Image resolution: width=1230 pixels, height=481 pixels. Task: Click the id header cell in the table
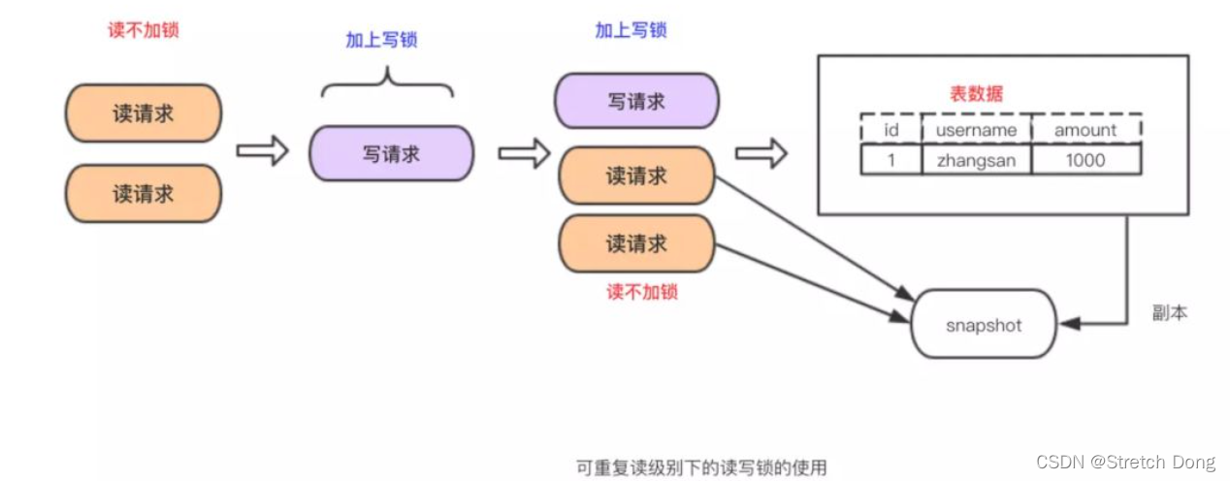[x=890, y=130]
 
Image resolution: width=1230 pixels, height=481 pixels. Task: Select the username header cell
[x=976, y=130]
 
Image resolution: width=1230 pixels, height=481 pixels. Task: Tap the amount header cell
[x=1085, y=130]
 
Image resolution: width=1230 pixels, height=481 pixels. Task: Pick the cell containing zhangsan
[x=976, y=160]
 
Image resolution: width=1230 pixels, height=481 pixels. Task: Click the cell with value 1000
[x=1085, y=160]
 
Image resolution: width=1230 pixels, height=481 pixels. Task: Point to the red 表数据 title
[x=975, y=94]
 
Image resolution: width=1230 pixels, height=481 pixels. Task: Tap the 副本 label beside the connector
[x=1169, y=313]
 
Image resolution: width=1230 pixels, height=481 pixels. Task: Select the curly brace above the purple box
[x=387, y=83]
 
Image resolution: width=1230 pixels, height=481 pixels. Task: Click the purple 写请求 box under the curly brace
[x=391, y=154]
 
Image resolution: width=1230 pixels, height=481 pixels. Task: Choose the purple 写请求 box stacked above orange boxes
[x=636, y=101]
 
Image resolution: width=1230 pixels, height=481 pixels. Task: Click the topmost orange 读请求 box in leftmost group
[x=144, y=112]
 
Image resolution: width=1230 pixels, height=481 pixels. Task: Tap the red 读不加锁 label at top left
[x=143, y=30]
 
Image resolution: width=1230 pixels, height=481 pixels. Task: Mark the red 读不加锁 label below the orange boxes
[x=641, y=291]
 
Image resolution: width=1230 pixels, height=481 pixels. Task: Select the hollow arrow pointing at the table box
[x=761, y=152]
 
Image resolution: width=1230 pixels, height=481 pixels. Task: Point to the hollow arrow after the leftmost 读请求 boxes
[x=262, y=151]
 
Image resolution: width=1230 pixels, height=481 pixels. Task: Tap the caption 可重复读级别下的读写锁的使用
[x=701, y=467]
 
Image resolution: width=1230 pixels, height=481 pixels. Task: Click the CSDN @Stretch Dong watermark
[x=1126, y=462]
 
